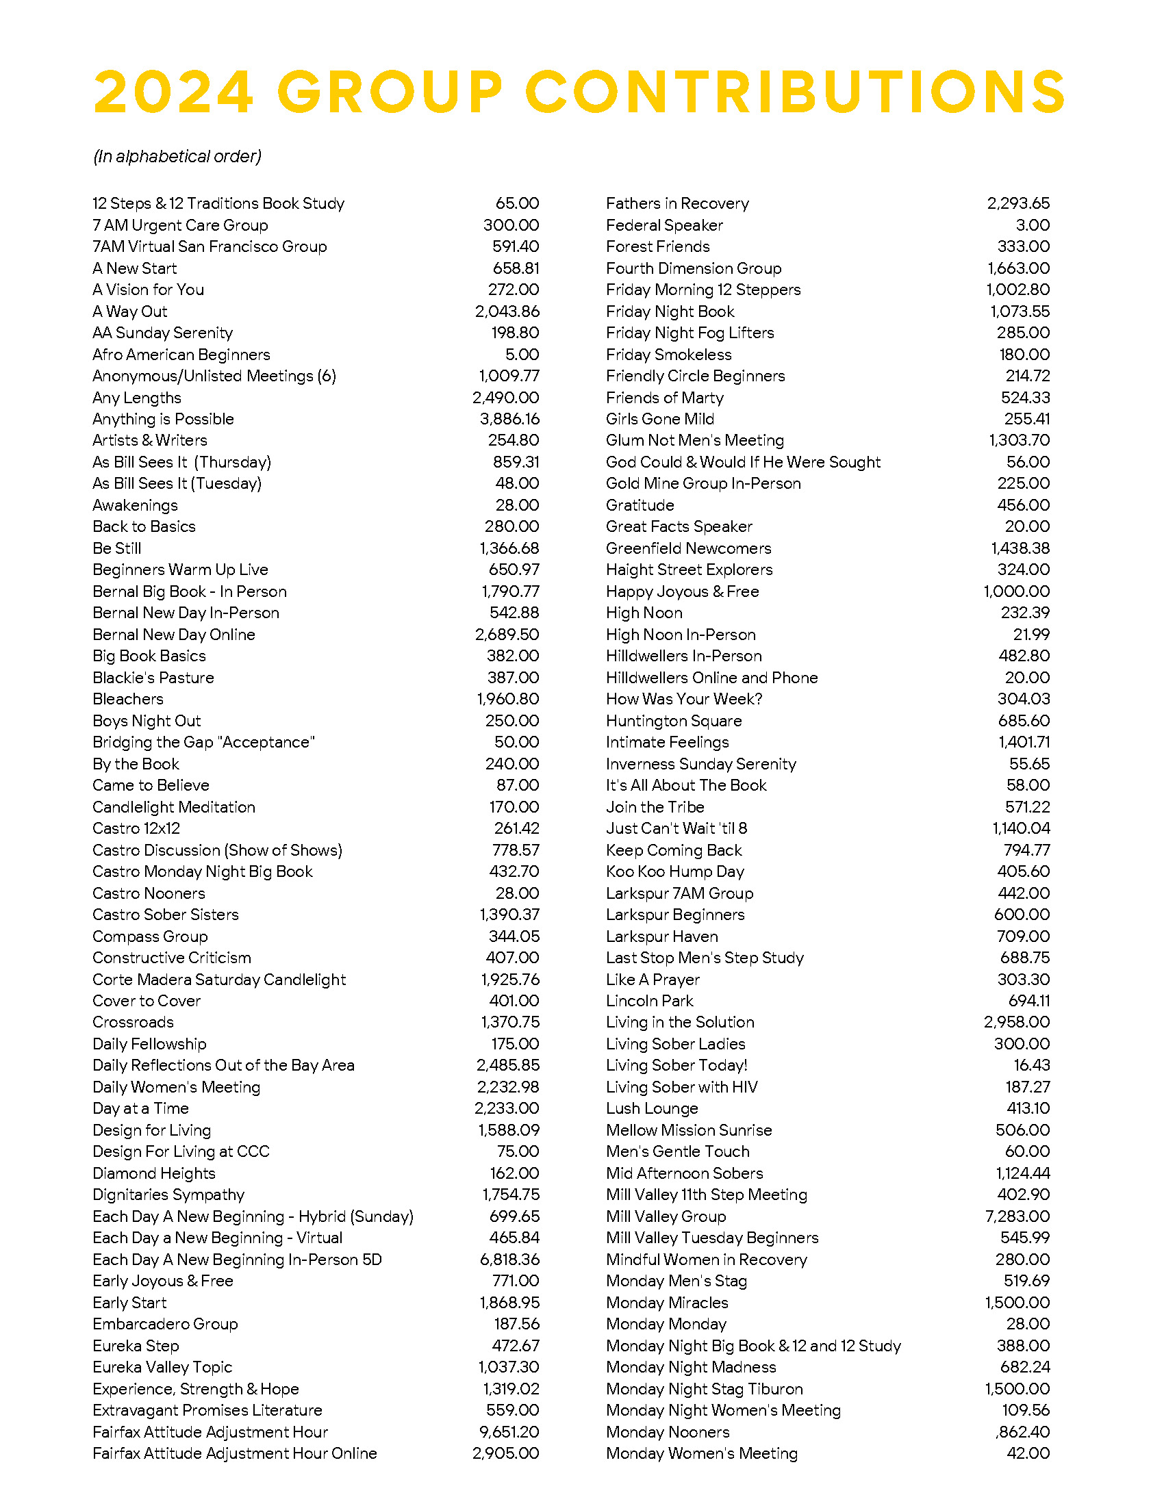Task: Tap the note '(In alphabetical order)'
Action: click(177, 157)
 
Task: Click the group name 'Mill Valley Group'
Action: click(666, 1216)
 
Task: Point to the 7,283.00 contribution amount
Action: click(1017, 1216)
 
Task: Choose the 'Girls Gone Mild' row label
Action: click(659, 418)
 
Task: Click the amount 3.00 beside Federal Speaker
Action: click(1033, 225)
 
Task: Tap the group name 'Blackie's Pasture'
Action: click(153, 677)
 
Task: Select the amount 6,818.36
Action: click(509, 1259)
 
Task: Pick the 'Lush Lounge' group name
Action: click(652, 1108)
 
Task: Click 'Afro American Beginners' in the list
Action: click(181, 355)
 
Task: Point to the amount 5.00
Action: click(522, 355)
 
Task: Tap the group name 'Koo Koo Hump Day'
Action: click(674, 871)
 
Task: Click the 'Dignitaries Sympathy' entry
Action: click(168, 1195)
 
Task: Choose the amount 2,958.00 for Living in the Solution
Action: click(1016, 1022)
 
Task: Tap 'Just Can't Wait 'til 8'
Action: click(676, 828)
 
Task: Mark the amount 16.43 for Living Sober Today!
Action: click(1032, 1064)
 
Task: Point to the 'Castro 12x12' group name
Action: click(136, 828)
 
